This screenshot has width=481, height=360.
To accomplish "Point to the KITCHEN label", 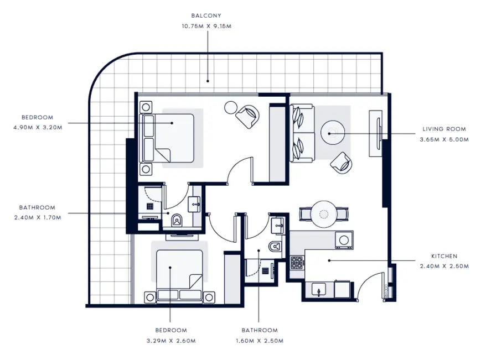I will pos(444,257).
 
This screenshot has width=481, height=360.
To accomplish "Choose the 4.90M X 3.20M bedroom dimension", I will pos(38,127).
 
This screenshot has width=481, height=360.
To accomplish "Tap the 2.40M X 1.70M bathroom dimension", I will pos(38,217).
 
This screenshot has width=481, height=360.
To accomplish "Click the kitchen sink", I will pos(320,289).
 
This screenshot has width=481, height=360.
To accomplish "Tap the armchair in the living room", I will pos(340,162).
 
